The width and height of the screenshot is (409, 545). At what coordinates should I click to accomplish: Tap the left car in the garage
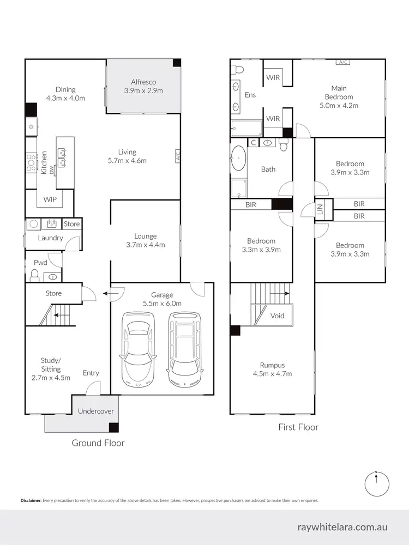pyautogui.click(x=138, y=347)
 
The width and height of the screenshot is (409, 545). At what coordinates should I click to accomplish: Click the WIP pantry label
pyautogui.click(x=50, y=199)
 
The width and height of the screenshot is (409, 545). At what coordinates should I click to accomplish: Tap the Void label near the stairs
pyautogui.click(x=277, y=316)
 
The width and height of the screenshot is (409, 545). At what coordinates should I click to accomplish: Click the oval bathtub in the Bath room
pyautogui.click(x=238, y=160)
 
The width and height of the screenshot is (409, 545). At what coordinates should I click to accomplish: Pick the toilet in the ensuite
pyautogui.click(x=236, y=69)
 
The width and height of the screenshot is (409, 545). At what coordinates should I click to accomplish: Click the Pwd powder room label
pyautogui.click(x=40, y=263)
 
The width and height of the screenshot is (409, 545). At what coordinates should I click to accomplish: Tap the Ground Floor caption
pyautogui.click(x=98, y=443)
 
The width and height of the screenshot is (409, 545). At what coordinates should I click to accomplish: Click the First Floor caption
pyautogui.click(x=298, y=427)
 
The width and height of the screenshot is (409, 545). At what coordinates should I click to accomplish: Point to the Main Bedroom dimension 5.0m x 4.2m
pyautogui.click(x=339, y=106)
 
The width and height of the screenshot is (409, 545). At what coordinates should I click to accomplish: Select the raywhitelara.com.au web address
pyautogui.click(x=342, y=527)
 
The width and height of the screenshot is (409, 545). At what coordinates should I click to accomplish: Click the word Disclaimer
pyautogui.click(x=31, y=500)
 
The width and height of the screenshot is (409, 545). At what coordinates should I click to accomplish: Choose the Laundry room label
pyautogui.click(x=50, y=238)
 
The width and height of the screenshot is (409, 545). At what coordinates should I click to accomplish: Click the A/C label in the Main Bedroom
pyautogui.click(x=342, y=62)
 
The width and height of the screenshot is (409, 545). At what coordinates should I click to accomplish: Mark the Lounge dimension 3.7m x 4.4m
pyautogui.click(x=146, y=245)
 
